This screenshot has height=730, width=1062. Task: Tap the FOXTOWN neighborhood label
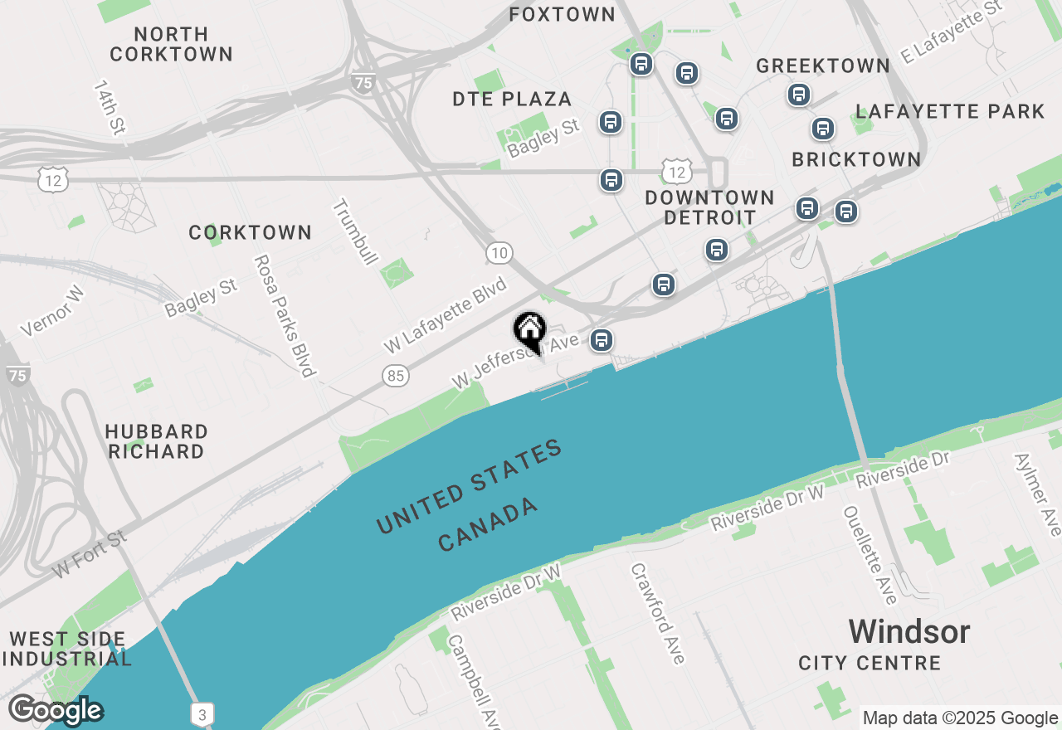562,14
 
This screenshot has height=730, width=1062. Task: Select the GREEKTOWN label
823,66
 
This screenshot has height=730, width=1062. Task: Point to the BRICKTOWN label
856,159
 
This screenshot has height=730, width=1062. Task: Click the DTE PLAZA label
512,99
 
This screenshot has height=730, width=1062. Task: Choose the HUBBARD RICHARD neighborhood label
156,441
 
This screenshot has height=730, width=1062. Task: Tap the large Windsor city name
909,632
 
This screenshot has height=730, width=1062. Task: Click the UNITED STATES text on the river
470,488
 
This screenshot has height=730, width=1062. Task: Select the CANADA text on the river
489,525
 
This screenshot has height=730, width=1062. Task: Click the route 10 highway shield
499,253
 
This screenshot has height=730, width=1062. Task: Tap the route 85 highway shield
397,376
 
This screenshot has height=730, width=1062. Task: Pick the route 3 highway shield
202,713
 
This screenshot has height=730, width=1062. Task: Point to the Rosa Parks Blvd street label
285,315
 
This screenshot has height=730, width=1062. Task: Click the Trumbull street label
355,232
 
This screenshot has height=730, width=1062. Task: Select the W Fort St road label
90,554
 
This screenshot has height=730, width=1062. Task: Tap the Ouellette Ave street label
870,555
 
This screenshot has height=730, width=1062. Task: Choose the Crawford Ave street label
658,613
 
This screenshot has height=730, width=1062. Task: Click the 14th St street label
109,107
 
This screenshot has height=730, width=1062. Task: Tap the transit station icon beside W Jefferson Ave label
602,340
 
